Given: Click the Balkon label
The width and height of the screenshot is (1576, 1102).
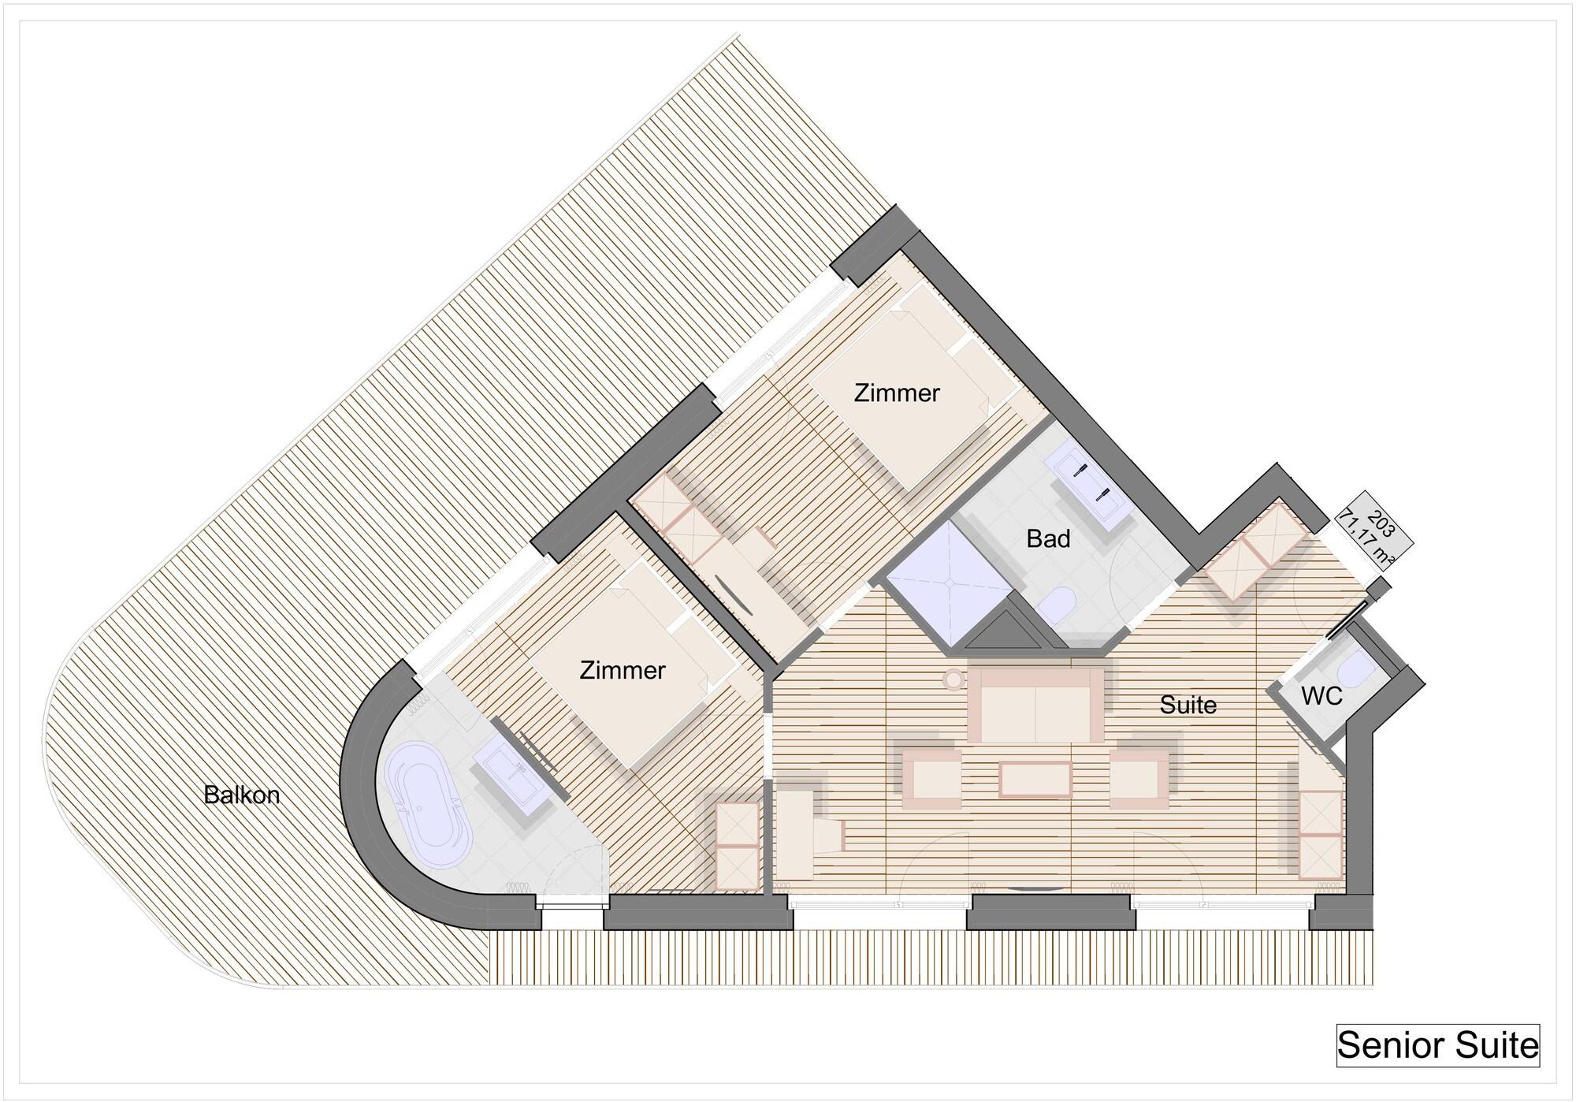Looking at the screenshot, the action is tap(241, 795).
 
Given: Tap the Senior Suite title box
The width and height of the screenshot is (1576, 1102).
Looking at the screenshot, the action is tap(1438, 1045).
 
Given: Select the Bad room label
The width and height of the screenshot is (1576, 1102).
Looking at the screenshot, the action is tap(1048, 539).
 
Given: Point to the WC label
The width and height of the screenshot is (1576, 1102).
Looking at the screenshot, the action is tap(1321, 696).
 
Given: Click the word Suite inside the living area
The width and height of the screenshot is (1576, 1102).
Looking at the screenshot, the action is tap(1188, 705).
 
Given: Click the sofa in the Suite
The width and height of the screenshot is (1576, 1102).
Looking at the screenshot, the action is tap(1035, 705).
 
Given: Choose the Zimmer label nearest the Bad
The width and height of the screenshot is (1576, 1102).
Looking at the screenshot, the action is tap(897, 393).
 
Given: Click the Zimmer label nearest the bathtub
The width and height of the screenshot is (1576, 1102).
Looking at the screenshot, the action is tap(623, 670).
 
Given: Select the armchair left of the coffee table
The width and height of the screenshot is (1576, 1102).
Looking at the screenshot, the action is tap(932, 777).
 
